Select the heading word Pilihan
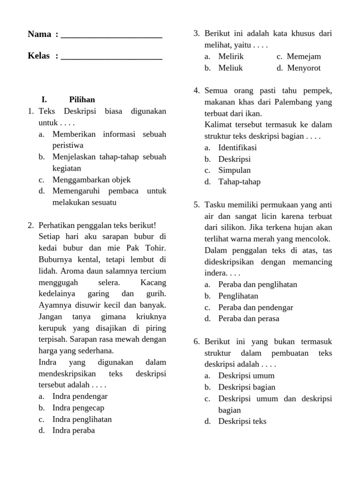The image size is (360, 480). (82, 100)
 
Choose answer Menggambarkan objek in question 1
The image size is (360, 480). (91, 180)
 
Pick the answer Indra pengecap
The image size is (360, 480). (78, 408)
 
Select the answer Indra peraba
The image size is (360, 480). (74, 430)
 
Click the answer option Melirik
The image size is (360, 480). (231, 57)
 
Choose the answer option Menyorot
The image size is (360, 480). (304, 68)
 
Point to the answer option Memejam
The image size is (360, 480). (304, 57)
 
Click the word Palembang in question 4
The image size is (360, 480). (288, 102)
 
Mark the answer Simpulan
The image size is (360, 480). (234, 170)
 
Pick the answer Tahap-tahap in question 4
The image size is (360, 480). (239, 182)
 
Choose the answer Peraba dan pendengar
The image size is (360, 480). (255, 307)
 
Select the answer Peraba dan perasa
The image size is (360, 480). (248, 319)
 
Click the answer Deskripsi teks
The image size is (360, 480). (242, 421)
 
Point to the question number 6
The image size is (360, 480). (196, 342)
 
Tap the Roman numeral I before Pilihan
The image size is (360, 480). (44, 100)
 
